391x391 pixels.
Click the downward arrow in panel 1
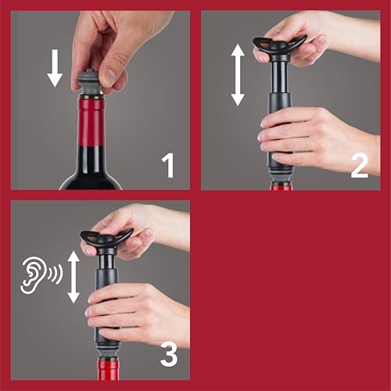point(54,70)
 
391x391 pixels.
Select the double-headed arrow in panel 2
point(238,74)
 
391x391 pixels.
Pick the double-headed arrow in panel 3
point(74,276)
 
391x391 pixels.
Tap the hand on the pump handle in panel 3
point(137,231)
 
